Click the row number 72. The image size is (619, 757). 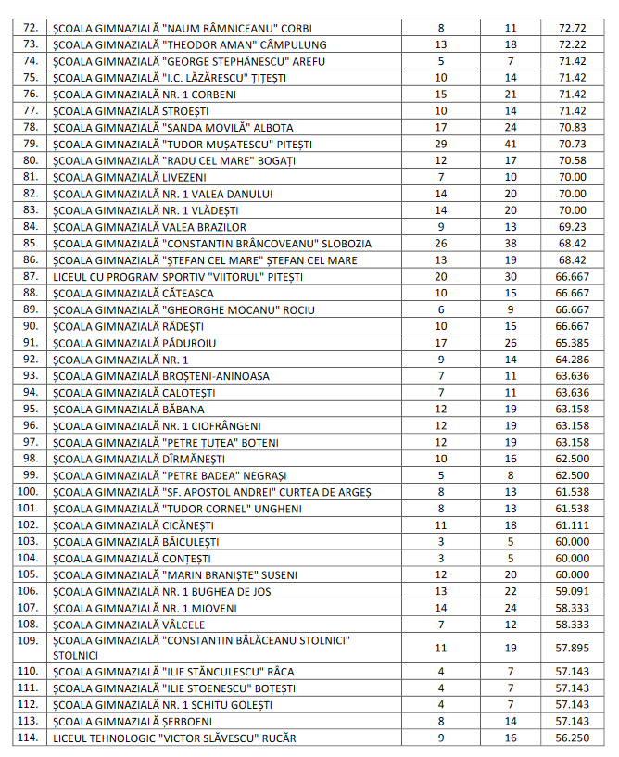tap(31, 28)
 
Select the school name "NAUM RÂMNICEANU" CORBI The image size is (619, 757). tap(183, 28)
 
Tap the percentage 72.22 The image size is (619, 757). tap(573, 44)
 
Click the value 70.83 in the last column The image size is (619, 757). tap(573, 127)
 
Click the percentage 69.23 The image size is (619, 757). tap(573, 227)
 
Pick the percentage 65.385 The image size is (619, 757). tap(573, 343)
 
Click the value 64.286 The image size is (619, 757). tap(573, 360)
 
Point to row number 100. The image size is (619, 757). tap(29, 491)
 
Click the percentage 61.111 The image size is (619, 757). tap(573, 524)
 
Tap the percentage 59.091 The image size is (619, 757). tap(573, 591)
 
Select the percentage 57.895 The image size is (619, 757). tap(573, 648)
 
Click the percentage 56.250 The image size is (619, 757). tap(573, 738)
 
